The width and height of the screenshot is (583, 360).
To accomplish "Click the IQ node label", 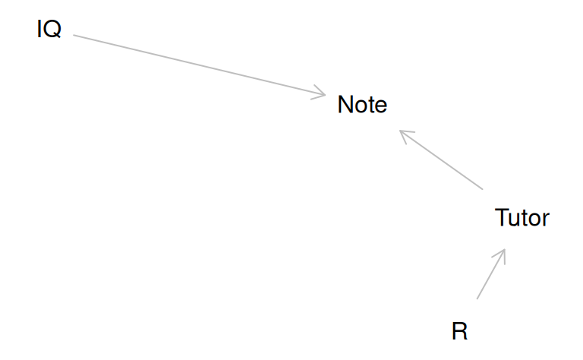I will coord(49,30).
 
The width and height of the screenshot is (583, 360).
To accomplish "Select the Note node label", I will coord(362,105).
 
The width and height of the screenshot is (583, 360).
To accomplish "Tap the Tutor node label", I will coord(522,218).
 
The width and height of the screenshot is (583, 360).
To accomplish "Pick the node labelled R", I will coord(459,331).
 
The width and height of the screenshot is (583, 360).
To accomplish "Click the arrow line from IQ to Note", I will coord(197,65).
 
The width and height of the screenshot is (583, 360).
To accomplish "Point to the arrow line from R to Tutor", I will coord(490,274).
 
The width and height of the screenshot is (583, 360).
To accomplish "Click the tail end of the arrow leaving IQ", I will coord(74,36).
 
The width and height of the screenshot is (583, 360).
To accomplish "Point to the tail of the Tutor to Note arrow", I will coord(481,188).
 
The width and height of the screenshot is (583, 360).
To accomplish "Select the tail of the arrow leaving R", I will coord(477,298).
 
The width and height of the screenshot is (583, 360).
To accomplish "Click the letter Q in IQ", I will coord(52,30).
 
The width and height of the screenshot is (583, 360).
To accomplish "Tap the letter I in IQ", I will coord(39,30).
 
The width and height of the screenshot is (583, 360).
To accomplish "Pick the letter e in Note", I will coord(381,106).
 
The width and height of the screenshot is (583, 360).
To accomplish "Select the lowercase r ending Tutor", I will coord(546,219).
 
